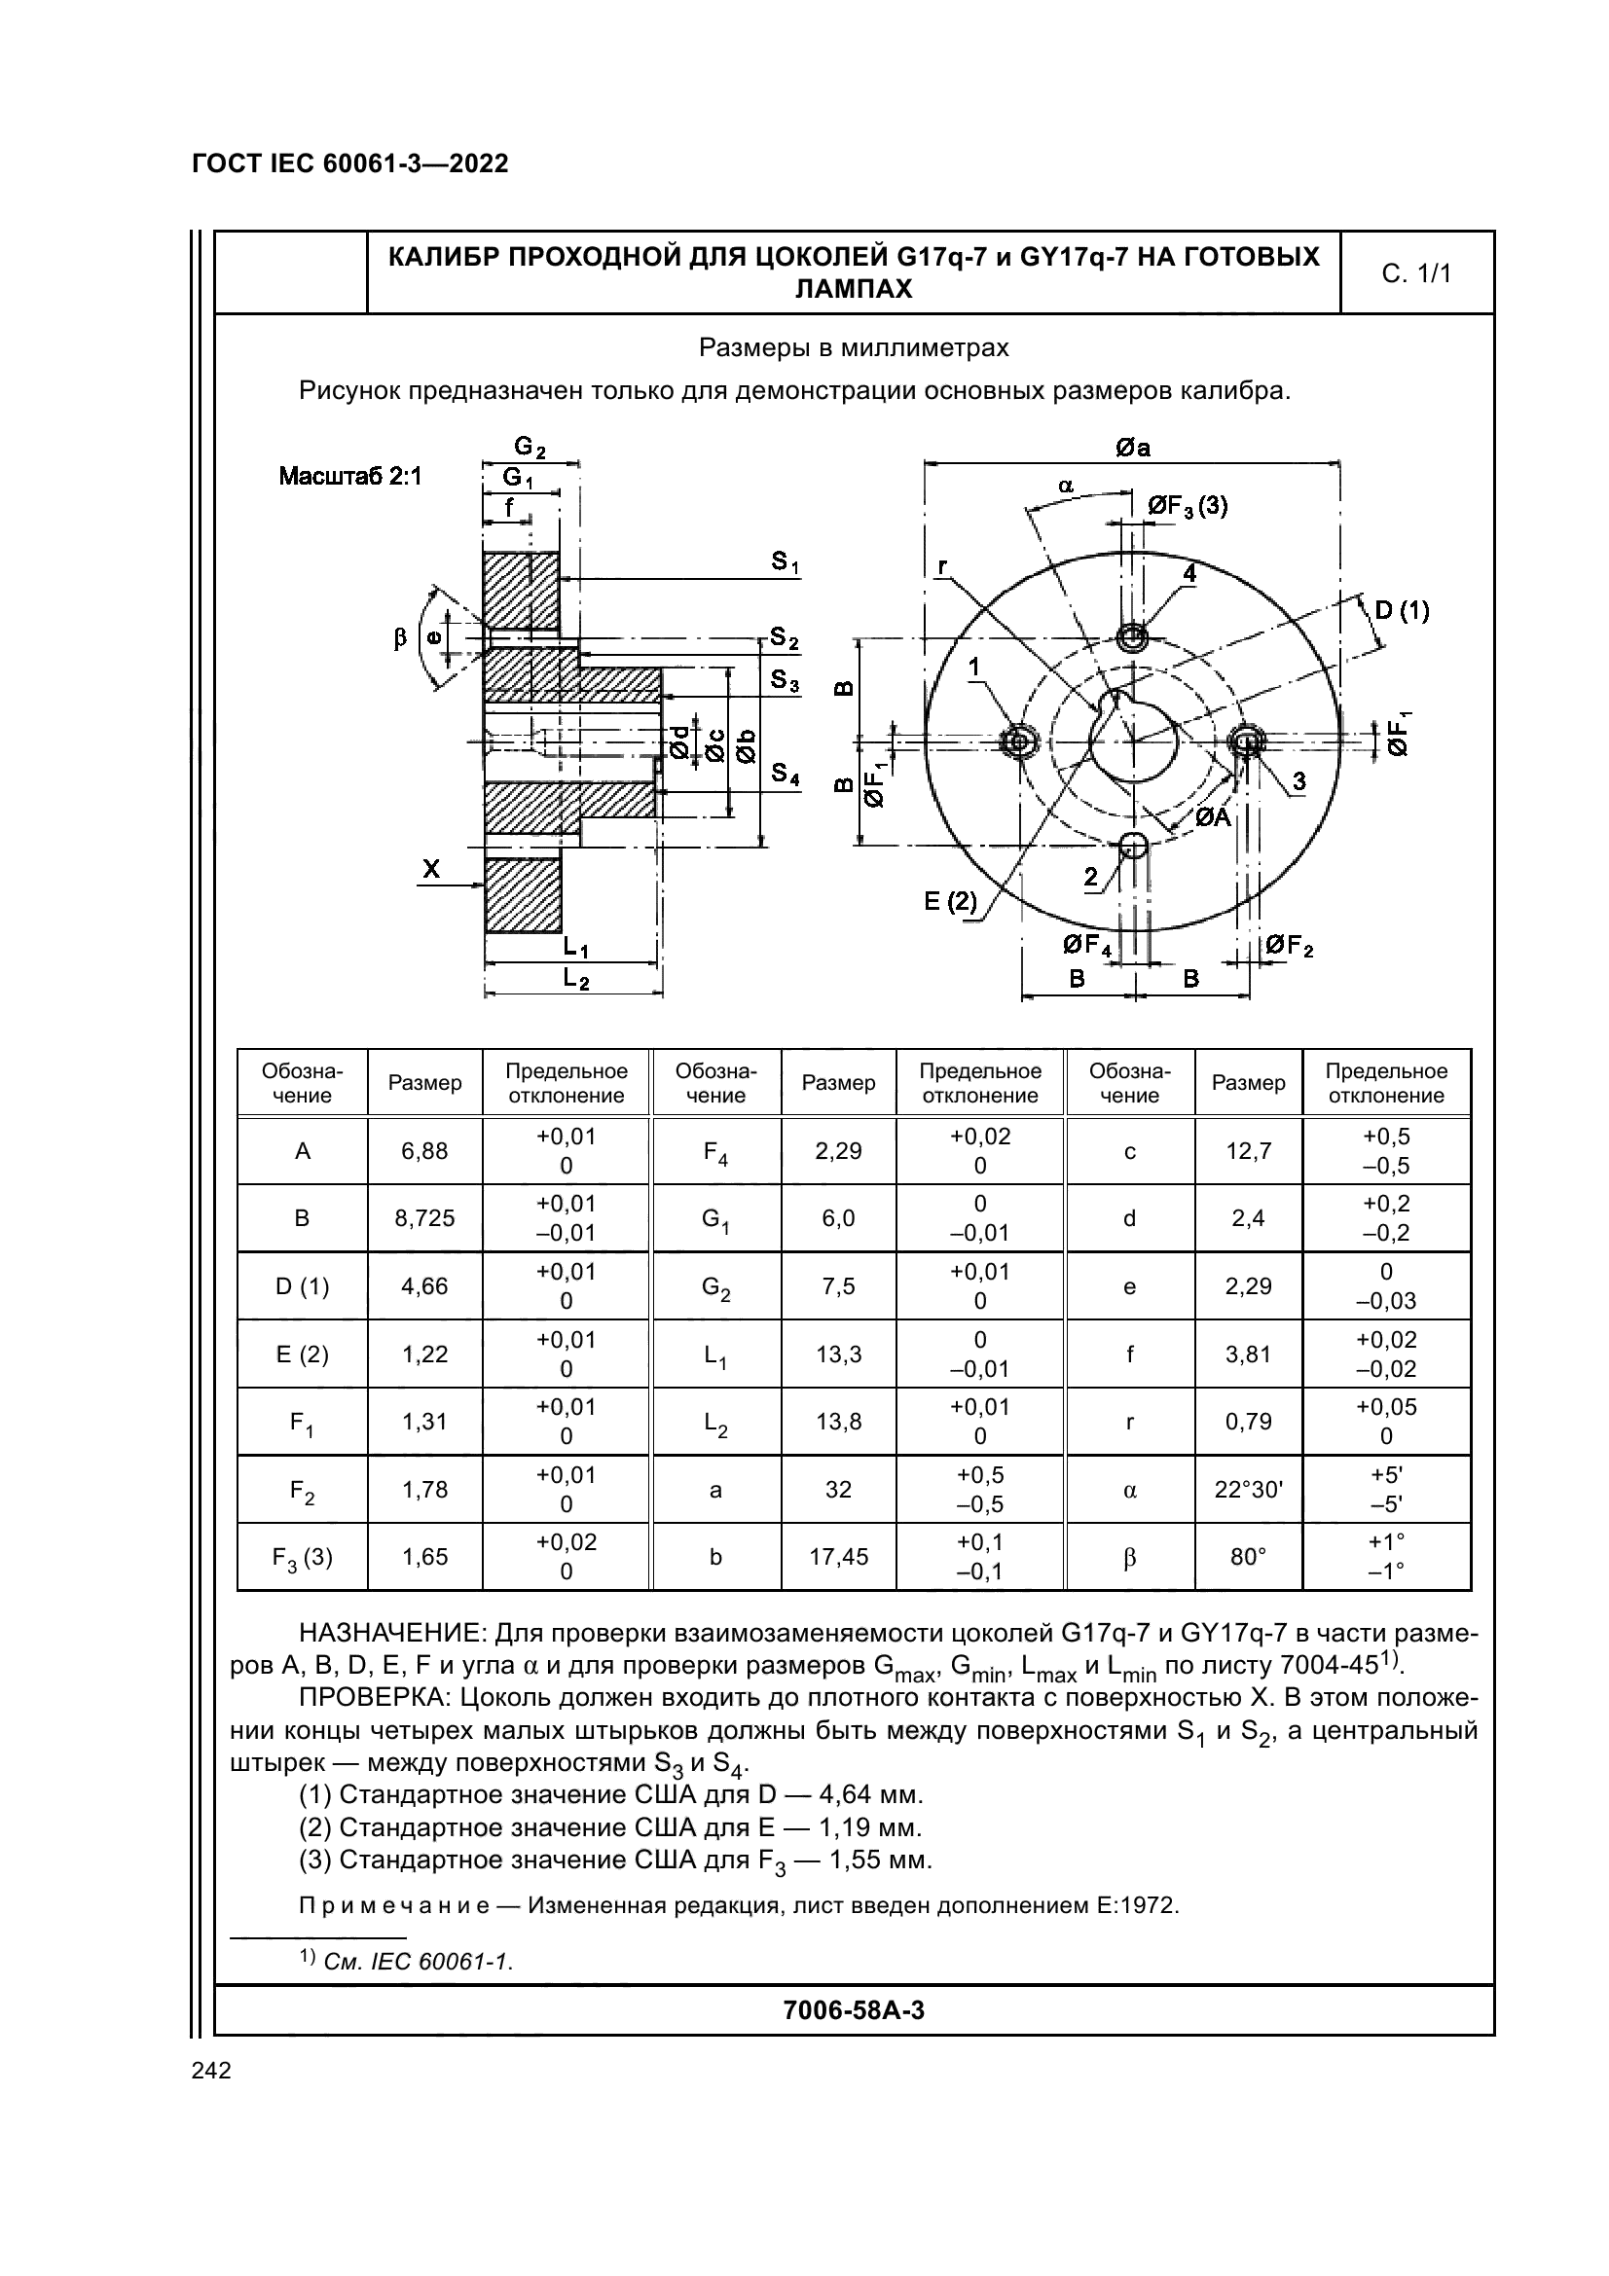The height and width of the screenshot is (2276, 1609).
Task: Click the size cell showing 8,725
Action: [x=424, y=1218]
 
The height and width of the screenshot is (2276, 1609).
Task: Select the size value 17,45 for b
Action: [x=838, y=1556]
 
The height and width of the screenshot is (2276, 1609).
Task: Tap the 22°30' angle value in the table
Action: [x=1248, y=1489]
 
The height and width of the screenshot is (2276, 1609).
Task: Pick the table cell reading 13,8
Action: [x=838, y=1422]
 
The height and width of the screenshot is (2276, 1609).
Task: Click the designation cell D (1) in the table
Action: [x=302, y=1285]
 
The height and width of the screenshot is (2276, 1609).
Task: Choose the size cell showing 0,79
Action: [x=1248, y=1422]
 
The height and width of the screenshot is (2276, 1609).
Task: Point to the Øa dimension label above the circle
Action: [x=1132, y=448]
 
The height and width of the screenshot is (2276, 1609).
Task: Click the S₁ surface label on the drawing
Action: [x=786, y=563]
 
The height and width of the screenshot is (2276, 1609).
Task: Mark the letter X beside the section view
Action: [x=431, y=869]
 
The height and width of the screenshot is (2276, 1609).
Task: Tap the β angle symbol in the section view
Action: [x=399, y=638]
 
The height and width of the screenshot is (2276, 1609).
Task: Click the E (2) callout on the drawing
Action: [x=950, y=901]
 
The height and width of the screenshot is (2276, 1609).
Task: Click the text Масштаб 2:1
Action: [x=350, y=477]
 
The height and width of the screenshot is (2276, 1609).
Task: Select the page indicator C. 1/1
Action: [x=1415, y=273]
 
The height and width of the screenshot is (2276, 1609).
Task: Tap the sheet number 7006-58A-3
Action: [x=854, y=2009]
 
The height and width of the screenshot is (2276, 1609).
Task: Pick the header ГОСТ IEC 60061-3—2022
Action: [x=350, y=163]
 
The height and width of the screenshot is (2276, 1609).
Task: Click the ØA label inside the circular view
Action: [x=1212, y=816]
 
